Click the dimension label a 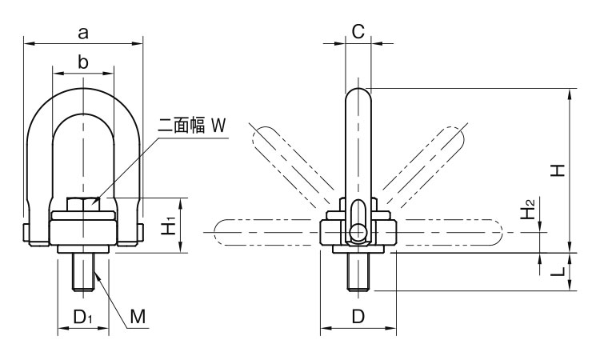tap(83, 33)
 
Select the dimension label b tap(82, 62)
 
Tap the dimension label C tap(358, 32)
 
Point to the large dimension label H tap(558, 170)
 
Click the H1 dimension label tap(168, 226)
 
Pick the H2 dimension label tap(528, 209)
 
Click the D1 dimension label tap(83, 317)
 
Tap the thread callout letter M tap(138, 317)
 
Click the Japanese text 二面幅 tap(182, 126)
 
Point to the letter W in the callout tap(218, 126)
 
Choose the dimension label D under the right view tap(358, 317)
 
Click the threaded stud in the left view tap(83, 272)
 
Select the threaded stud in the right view tap(358, 272)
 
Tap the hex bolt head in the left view tap(83, 204)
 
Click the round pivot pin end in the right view tap(358, 231)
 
